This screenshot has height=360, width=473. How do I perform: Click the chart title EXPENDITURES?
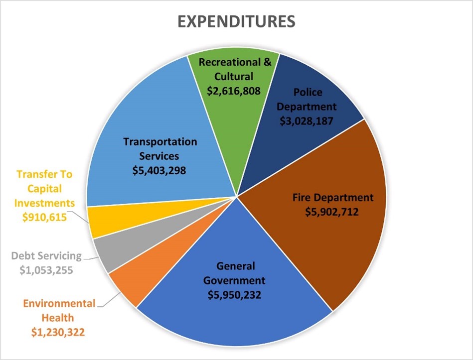236,22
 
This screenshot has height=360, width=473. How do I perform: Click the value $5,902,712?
332,212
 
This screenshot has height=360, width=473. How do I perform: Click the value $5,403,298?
159,170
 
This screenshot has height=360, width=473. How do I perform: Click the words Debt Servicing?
46,256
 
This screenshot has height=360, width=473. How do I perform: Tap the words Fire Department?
332,197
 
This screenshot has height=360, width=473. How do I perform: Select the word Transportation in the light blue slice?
160,141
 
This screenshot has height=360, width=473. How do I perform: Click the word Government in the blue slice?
236,280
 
